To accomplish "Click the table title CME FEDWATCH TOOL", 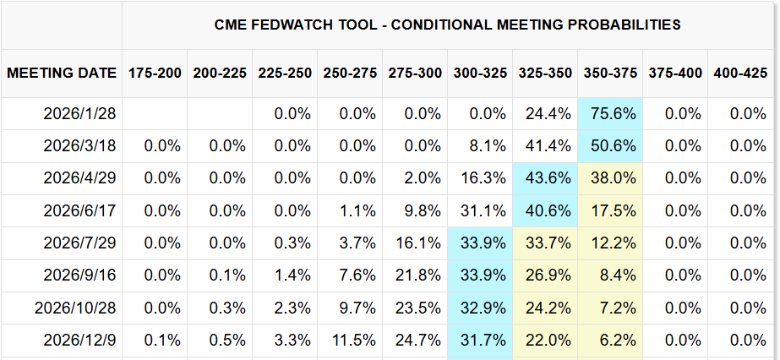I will point(447,25).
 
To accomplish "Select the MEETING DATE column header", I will point(62,73).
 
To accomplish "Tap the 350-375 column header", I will point(609,73).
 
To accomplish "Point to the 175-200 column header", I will point(155,73).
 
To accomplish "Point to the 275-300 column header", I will point(415,73).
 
